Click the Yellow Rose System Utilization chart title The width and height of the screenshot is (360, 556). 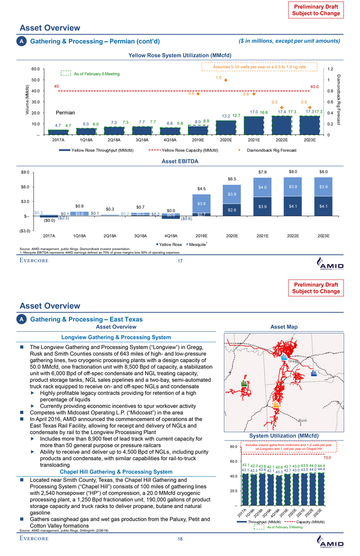pos(179,55)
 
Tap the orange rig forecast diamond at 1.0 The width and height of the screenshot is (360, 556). pos(226,80)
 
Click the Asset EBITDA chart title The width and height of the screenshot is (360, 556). pos(179,161)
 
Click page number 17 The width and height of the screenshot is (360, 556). pos(179,261)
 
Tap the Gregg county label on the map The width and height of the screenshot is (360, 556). pos(293,362)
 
